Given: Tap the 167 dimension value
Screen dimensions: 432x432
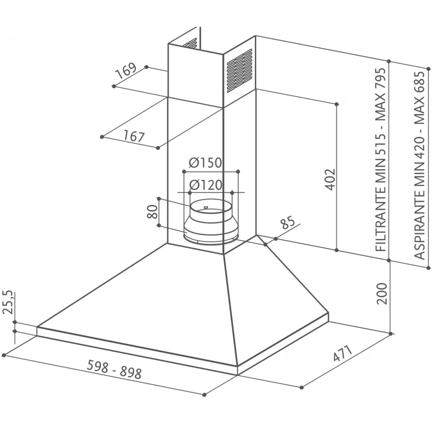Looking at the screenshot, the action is pos(134,136).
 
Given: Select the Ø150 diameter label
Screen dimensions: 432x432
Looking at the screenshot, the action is pos(205,162).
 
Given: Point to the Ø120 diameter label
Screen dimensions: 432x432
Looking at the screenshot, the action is pos(206,185).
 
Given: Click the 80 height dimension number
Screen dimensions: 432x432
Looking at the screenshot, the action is pos(152,211).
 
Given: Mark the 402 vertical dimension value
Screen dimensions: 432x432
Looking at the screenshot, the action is pos(330,179).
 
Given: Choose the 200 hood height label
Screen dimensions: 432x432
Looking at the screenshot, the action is pos(382,293).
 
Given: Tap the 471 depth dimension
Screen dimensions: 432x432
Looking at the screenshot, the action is pos(343,353).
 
